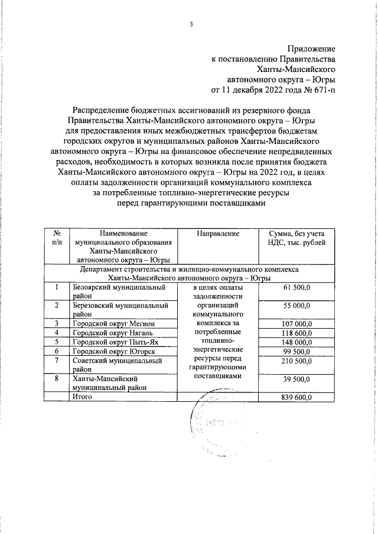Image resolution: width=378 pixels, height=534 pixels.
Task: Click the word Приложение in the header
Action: [312, 48]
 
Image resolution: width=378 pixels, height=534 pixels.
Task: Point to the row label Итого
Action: [84, 398]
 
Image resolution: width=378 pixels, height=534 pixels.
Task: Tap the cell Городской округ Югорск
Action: [112, 352]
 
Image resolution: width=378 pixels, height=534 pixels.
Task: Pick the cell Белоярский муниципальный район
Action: [118, 291]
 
